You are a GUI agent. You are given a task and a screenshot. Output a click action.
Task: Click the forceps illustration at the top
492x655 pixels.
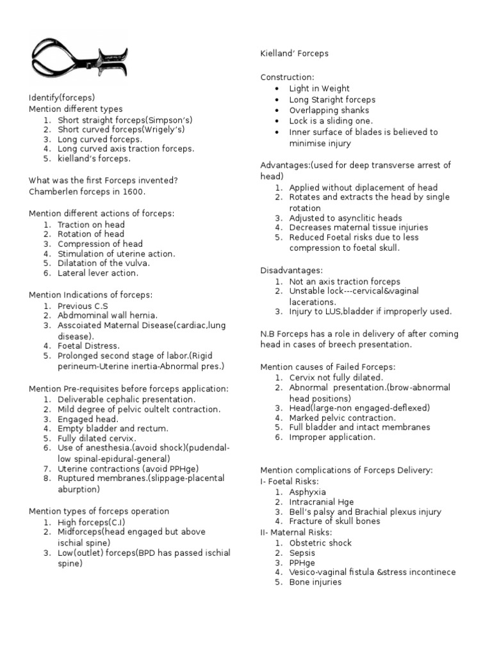point(78,61)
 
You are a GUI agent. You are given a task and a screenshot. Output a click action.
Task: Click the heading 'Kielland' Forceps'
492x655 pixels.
point(294,53)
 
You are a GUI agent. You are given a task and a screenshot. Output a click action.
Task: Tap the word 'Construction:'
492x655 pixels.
point(287,77)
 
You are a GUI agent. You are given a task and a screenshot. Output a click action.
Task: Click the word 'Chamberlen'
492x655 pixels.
point(53,191)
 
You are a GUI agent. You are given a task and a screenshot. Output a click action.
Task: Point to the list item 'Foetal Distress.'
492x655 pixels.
point(88,346)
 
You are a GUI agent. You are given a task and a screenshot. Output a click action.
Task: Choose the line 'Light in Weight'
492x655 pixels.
point(319,88)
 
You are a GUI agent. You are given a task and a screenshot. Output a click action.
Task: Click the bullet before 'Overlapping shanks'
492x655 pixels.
point(276,111)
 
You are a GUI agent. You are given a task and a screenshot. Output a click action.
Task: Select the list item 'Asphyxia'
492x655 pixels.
point(307,492)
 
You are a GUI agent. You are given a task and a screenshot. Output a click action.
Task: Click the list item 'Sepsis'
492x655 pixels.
point(302,553)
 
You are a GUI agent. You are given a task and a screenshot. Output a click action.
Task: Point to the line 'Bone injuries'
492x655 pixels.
point(315,582)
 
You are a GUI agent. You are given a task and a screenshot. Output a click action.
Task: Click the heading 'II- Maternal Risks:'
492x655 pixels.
point(296,532)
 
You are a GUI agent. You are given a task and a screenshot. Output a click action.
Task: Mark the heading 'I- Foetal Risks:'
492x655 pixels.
point(290,481)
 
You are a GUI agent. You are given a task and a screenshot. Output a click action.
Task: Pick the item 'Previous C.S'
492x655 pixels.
point(84,306)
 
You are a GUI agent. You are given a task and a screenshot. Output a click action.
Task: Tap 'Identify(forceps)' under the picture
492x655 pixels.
point(61,98)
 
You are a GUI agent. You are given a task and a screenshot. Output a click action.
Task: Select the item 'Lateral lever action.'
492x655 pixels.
point(98,273)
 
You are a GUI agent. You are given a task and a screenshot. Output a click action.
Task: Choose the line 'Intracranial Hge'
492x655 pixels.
point(321,502)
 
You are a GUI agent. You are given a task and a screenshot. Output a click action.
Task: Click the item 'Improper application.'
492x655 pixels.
point(332,438)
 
